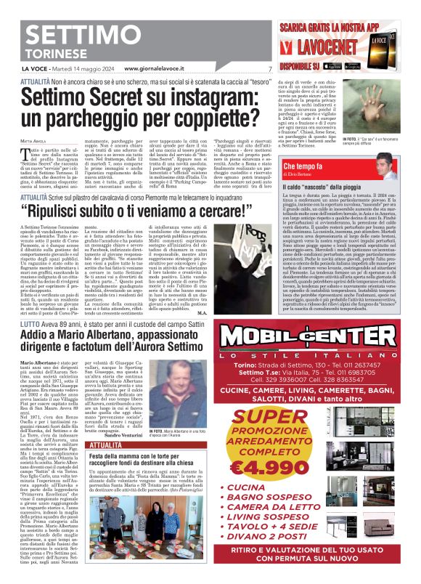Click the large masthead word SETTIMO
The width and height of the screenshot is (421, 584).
[81, 34]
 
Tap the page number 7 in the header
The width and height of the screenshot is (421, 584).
[269, 69]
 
